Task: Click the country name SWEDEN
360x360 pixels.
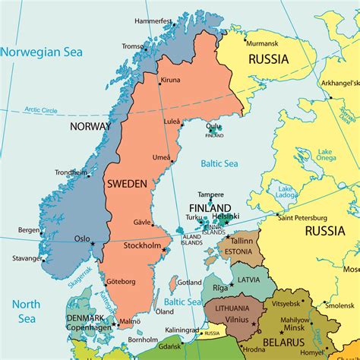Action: click(x=128, y=184)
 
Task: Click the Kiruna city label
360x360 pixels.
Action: click(x=171, y=80)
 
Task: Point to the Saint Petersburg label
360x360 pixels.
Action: click(x=307, y=218)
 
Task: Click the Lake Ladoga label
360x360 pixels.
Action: click(x=286, y=192)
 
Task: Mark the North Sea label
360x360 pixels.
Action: click(x=24, y=312)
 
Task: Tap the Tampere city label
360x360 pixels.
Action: click(x=210, y=195)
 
